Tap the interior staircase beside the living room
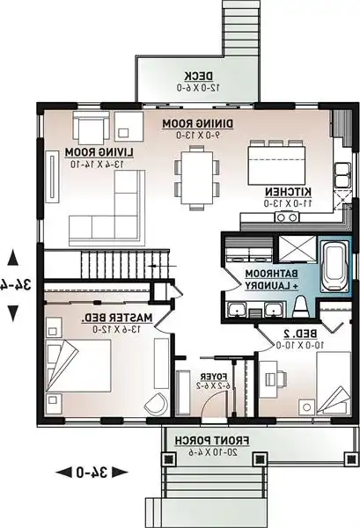click(x=114, y=262)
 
